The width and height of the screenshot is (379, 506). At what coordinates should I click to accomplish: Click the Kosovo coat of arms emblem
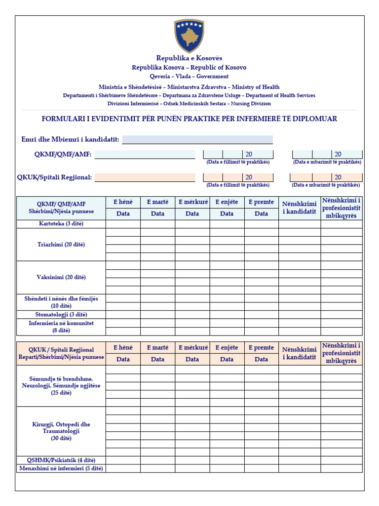tap(189, 36)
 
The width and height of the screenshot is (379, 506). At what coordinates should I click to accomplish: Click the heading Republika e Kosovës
tap(189, 58)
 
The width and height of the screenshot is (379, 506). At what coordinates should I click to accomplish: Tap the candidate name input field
tap(197, 140)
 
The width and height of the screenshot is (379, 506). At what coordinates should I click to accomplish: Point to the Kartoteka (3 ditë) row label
tap(61, 224)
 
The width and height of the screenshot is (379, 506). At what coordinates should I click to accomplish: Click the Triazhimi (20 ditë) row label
tap(61, 245)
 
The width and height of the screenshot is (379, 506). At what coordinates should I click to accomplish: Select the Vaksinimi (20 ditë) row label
tap(61, 277)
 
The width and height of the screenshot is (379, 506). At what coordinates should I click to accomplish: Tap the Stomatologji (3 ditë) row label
tap(61, 314)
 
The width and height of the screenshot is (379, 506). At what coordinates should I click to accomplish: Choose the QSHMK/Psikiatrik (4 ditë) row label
tap(61, 460)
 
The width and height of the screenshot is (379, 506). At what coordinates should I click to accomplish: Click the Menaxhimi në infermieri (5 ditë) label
tap(61, 468)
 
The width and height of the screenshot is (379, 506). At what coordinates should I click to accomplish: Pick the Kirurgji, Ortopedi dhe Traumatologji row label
tap(61, 431)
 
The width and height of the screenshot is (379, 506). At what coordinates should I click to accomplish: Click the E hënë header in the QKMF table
tap(123, 202)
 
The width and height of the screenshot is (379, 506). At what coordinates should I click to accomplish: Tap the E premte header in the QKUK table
tap(261, 348)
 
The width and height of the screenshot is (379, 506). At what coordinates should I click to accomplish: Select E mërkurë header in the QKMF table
tap(192, 202)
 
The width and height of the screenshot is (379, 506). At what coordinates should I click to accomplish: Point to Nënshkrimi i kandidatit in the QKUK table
tap(299, 353)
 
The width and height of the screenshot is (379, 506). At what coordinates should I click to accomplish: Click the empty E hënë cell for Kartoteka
tap(123, 224)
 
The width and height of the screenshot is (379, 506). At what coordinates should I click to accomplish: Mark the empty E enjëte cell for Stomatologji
tap(227, 314)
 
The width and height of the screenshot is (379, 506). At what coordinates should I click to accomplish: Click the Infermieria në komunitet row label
tap(61, 327)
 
